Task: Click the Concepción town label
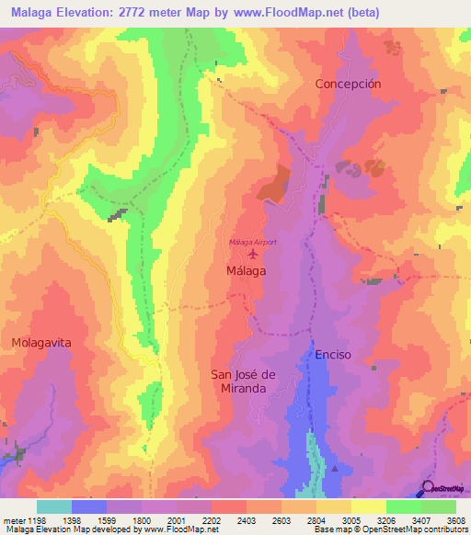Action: pos(348,83)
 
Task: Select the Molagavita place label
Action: pos(41,342)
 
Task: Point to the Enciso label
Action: pos(333,354)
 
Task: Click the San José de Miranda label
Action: pos(239,381)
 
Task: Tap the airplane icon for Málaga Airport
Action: pos(253,254)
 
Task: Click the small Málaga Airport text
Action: pos(253,242)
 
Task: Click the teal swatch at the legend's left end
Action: pos(54,507)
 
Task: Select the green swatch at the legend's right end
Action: pos(439,507)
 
